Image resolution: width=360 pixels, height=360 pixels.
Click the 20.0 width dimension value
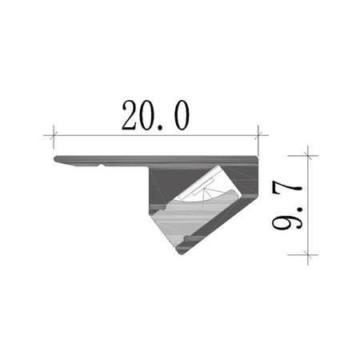click(x=156, y=115)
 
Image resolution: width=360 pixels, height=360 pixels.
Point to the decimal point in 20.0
click(x=160, y=127)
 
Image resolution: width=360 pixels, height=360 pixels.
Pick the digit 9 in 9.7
click(x=287, y=221)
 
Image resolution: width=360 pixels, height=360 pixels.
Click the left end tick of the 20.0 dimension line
click(x=54, y=135)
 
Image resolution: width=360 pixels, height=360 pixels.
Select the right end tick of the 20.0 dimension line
click(x=258, y=135)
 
